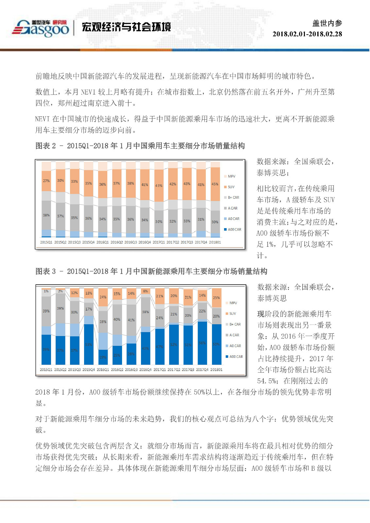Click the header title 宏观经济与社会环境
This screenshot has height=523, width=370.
pos(127,27)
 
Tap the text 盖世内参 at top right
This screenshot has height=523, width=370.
pos(327,23)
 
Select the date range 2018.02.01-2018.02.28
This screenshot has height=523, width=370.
pos(307,34)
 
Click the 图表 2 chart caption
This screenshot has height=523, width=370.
pos(140,146)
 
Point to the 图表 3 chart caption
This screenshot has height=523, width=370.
pos(151,271)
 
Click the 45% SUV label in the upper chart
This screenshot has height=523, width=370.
pos(215,184)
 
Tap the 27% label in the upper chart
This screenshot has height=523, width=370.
pos(46,181)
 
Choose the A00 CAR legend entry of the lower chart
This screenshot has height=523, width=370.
pos(234,357)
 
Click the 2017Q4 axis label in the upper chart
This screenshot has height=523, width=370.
pos(201,242)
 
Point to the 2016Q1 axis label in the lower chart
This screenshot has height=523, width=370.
pos(103,370)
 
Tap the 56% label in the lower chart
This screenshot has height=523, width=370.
pos(202,343)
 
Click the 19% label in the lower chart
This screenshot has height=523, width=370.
pos(103,357)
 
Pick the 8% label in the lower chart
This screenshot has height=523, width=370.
pos(145,291)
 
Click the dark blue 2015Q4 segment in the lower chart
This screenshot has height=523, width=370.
pos(89,345)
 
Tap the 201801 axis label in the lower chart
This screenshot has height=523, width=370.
pos(217,370)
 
